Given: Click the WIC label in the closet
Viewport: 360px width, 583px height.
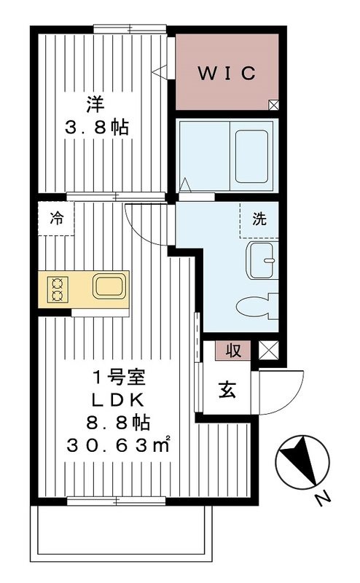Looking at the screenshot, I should click(x=227, y=73).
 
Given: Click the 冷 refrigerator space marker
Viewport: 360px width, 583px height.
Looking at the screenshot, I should click(x=56, y=218).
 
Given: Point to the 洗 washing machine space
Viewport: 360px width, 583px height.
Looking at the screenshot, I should click(x=259, y=218).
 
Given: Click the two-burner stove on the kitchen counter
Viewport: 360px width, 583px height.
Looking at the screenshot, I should click(x=57, y=289).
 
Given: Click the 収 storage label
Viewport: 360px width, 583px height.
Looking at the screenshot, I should click(x=232, y=351).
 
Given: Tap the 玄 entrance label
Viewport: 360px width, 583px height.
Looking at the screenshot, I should click(x=227, y=391).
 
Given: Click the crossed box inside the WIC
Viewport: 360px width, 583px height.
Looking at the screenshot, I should click(x=273, y=104).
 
